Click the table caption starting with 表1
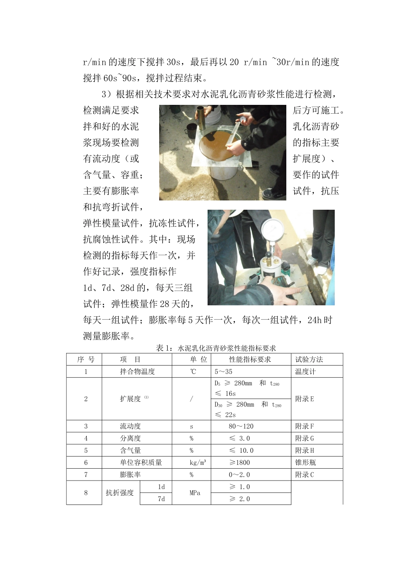[216, 348]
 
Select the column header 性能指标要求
[250, 359]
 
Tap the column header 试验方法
[309, 359]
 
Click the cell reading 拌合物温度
[137, 371]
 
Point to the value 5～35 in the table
[224, 371]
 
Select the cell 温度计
[305, 371]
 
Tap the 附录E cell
[304, 398]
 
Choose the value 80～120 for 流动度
[241, 426]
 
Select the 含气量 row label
[130, 450]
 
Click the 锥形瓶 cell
[305, 462]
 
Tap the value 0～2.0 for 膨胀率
[239, 475]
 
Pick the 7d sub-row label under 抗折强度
[161, 499]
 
